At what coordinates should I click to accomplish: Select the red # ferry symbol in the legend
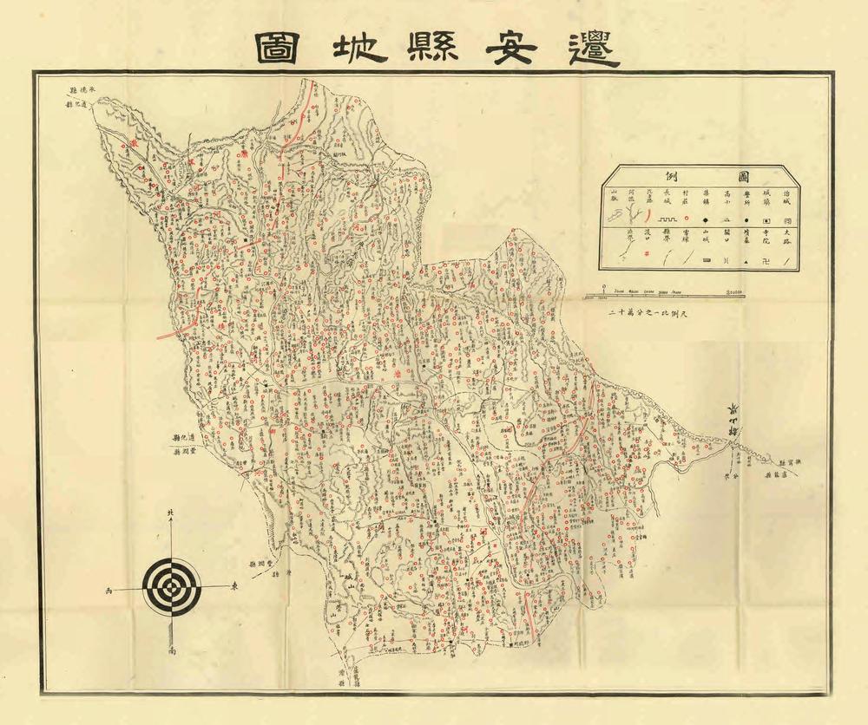646,253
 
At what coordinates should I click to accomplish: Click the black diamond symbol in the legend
706,220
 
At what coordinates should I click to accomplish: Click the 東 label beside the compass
234,587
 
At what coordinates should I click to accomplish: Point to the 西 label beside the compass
108,590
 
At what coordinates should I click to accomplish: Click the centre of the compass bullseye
172,587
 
